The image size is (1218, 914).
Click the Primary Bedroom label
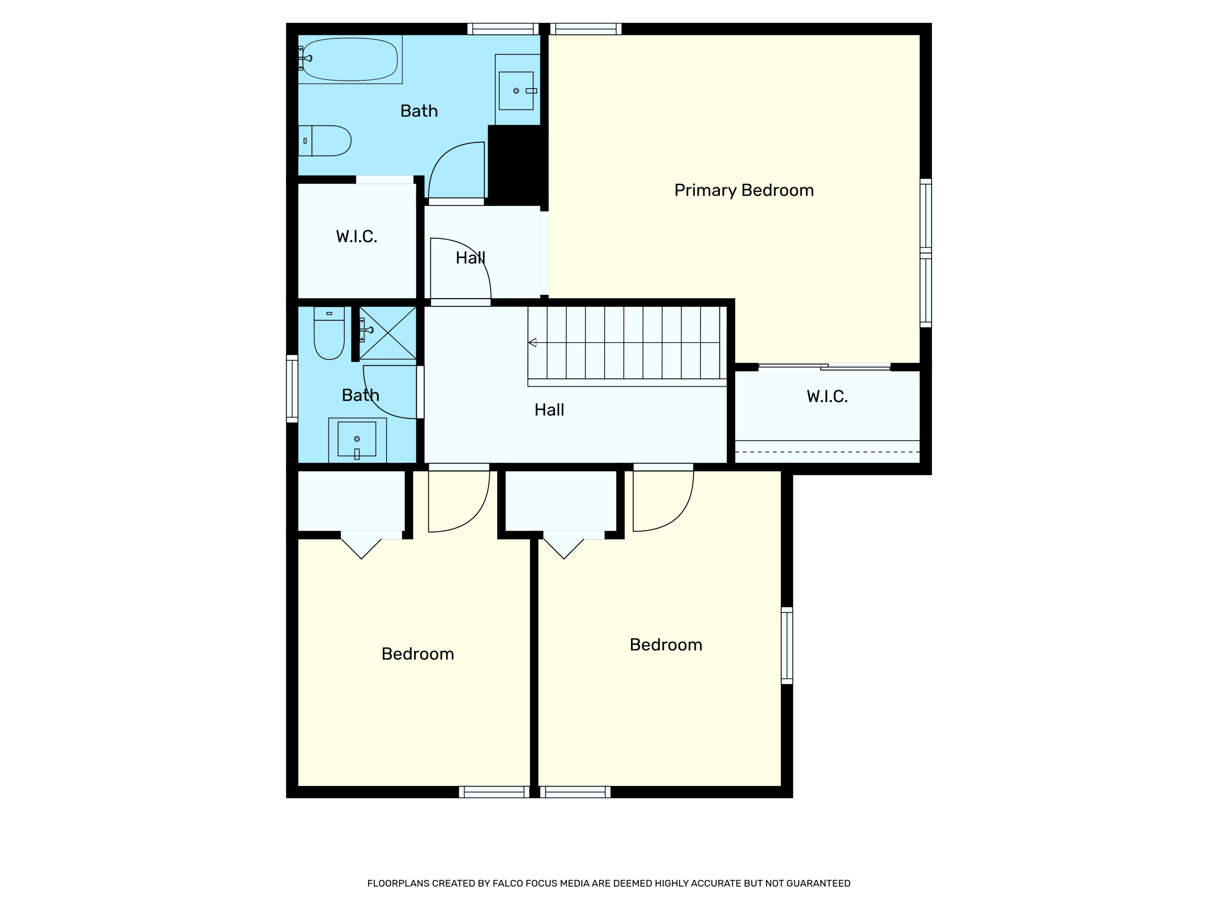tap(744, 191)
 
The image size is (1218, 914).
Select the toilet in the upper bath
tap(324, 141)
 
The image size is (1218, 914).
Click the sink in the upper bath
tap(516, 90)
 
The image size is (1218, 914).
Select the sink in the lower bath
tap(357, 440)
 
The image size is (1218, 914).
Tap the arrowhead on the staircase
tap(532, 343)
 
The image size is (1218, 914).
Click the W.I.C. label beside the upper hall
tap(357, 237)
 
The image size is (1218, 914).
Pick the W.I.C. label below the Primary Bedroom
tap(827, 396)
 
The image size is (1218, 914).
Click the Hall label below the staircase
tap(550, 410)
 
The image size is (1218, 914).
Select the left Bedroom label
tap(418, 654)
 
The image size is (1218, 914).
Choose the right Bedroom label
tap(666, 645)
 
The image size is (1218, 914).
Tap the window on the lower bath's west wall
tap(292, 389)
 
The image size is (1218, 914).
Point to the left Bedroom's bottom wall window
tap(494, 792)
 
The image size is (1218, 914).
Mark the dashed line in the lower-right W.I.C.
tap(827, 452)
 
